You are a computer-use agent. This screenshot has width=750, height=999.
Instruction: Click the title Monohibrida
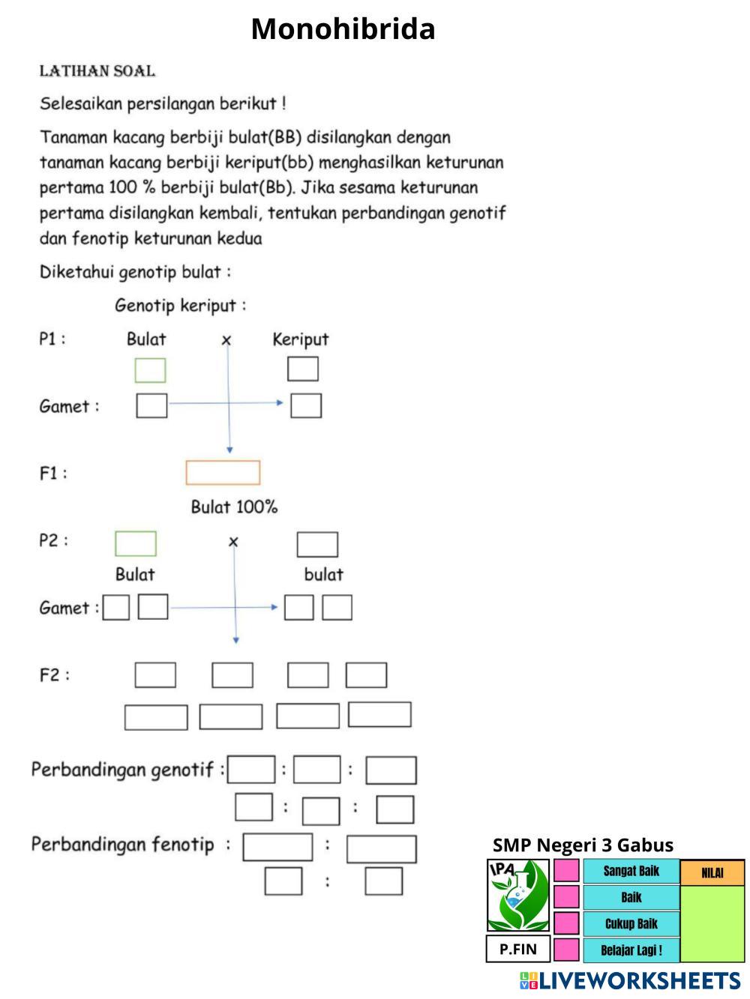[x=343, y=28]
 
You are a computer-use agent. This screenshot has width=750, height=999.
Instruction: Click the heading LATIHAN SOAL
[x=97, y=71]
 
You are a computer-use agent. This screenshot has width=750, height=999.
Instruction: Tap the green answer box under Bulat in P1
[x=150, y=370]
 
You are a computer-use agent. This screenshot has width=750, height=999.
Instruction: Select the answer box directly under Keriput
[x=303, y=369]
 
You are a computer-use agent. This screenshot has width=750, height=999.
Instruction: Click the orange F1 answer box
[x=223, y=472]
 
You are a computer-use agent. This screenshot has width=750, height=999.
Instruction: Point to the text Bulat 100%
[x=234, y=507]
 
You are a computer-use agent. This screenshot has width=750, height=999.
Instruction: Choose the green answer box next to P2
[x=136, y=543]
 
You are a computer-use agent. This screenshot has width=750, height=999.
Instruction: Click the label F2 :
[x=54, y=675]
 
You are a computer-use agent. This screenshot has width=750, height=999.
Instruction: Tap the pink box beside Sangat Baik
[x=566, y=871]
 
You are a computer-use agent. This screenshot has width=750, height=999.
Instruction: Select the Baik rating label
[x=631, y=898]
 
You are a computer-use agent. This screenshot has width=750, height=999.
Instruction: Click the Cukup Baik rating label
[x=631, y=924]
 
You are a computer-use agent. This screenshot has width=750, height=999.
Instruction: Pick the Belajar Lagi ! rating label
[x=631, y=950]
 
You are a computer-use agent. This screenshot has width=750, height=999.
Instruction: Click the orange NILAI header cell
[x=712, y=873]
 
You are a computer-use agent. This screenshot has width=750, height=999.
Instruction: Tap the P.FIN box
[x=518, y=950]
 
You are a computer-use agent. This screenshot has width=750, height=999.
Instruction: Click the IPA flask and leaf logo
[x=518, y=896]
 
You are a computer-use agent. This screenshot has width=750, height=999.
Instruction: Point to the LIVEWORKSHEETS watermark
[x=630, y=981]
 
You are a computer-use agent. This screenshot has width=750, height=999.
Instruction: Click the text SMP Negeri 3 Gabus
[x=583, y=845]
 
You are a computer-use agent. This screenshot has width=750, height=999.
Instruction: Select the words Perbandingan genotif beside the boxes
[x=122, y=770]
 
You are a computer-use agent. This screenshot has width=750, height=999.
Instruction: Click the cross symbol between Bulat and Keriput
[x=226, y=340]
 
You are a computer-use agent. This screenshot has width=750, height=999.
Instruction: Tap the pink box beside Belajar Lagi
[x=566, y=950]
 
